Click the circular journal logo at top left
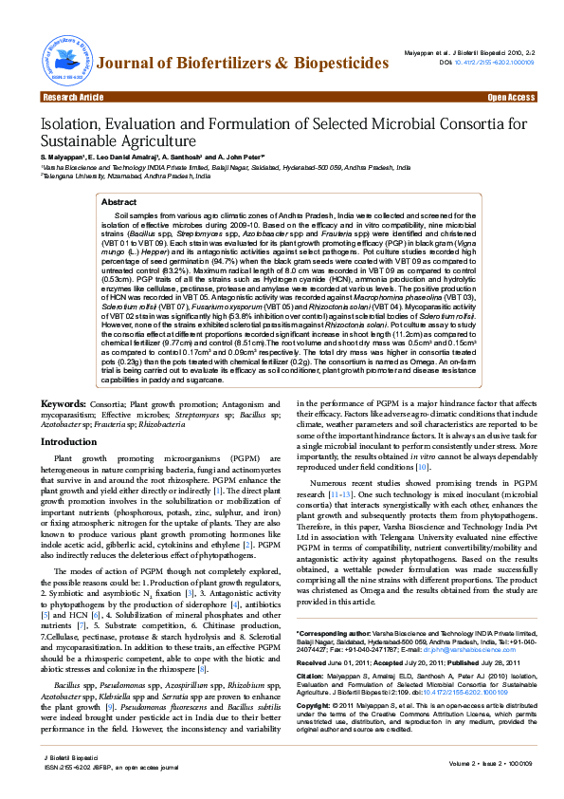tap(64, 60)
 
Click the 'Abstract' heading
tap(118, 202)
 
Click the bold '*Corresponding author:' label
tap(331, 633)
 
